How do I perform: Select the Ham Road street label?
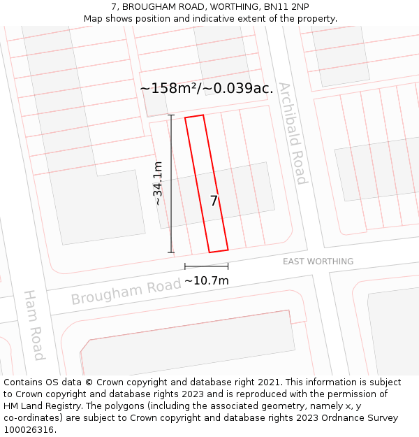[x=34, y=325]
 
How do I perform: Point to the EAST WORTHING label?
[x=318, y=262]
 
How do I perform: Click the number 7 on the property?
[x=214, y=201]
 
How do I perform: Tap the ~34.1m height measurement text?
[x=159, y=183]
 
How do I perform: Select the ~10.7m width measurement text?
[x=207, y=280]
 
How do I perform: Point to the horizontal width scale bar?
[x=206, y=266]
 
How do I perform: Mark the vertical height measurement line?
[x=171, y=183]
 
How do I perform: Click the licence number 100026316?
[x=29, y=430]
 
